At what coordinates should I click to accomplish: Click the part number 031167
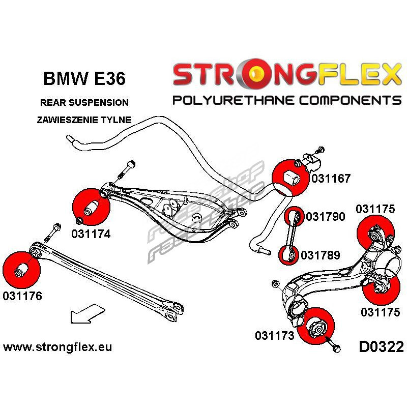pos(331,179)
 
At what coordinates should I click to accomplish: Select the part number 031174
pos(91,234)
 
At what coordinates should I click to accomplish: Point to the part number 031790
pos(326,217)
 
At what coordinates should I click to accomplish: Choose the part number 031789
pos(321,254)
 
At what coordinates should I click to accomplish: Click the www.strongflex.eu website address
pos(57,347)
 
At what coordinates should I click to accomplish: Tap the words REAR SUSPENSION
pos(84,102)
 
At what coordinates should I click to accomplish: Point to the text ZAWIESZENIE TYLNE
pos(84,120)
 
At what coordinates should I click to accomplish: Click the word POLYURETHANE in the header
pos(234,99)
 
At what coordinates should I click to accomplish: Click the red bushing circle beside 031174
pos(91,207)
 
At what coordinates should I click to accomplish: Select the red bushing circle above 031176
pos(20,269)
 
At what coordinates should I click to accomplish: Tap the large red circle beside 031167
pos(288,178)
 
